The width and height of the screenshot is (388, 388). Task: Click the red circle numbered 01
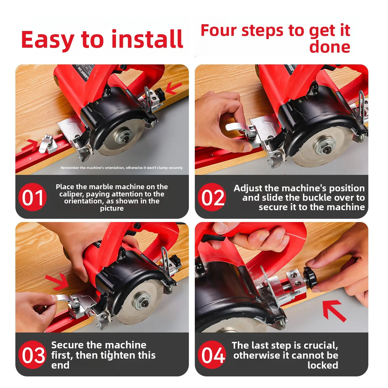[32, 197]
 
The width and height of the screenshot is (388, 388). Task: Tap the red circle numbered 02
[212, 197]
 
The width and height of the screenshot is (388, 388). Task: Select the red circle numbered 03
[32, 355]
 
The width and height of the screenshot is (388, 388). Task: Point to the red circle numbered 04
[212, 355]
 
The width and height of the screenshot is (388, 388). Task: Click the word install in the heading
[147, 39]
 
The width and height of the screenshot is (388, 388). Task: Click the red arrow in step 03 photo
[57, 282]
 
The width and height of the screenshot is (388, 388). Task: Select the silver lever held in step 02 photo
[239, 127]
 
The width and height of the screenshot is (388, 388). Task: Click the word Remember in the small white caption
[70, 168]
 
